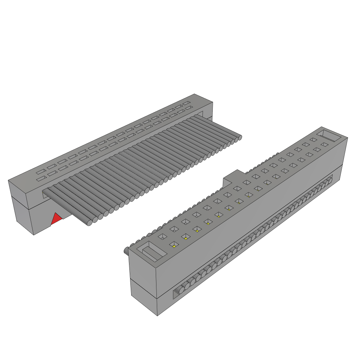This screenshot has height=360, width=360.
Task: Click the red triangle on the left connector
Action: click(56, 219)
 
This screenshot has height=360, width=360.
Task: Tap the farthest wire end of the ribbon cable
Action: click(239, 137)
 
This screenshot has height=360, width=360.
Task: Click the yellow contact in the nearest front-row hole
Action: click(174, 246)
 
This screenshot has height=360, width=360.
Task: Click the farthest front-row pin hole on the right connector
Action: click(324, 144)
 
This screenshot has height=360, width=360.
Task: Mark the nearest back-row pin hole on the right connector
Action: click(162, 237)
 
